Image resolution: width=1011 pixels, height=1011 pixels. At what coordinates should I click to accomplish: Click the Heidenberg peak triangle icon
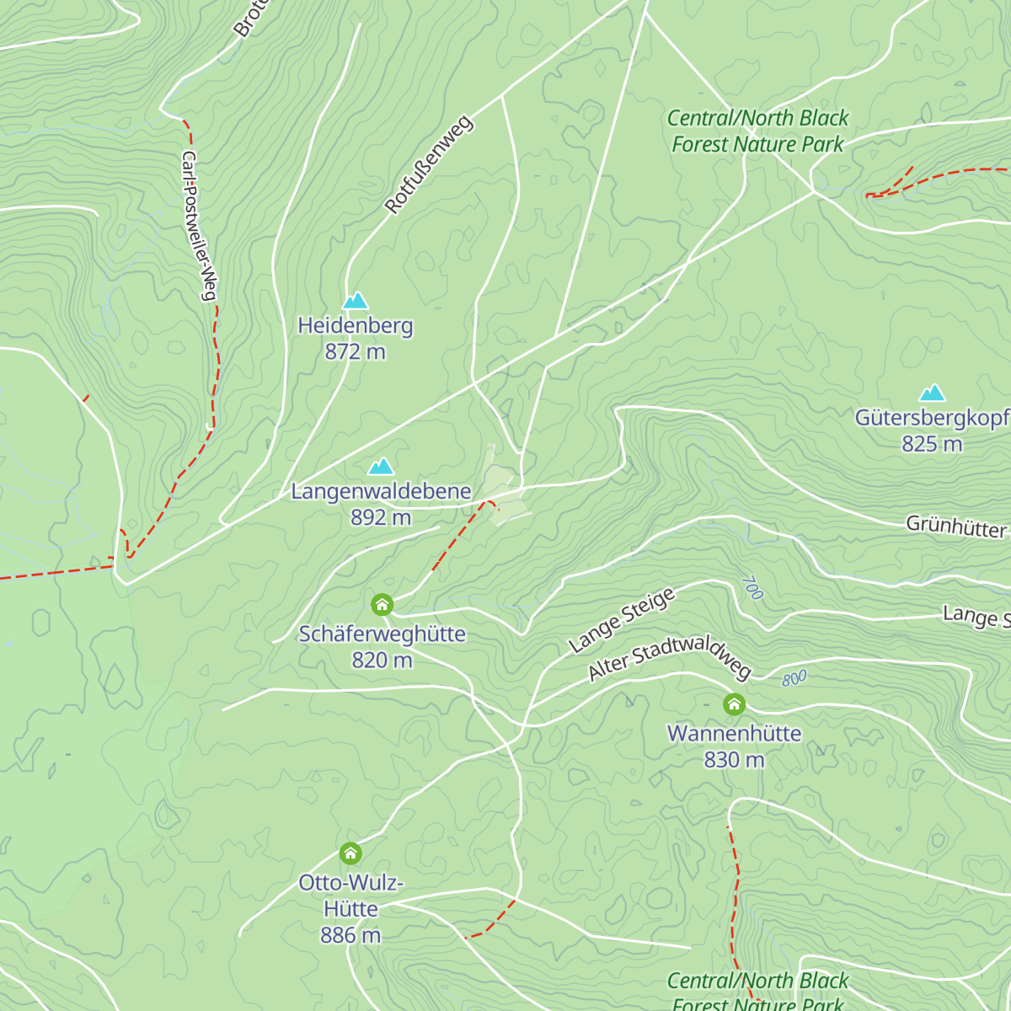click(356, 301)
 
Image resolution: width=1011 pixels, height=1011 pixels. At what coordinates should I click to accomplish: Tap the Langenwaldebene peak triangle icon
click(381, 467)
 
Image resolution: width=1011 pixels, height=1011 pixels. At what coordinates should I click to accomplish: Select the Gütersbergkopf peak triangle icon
click(932, 393)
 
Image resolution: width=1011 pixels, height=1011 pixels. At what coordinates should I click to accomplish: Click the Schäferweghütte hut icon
click(382, 604)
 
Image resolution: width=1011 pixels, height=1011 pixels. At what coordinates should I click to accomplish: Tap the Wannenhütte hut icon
click(734, 703)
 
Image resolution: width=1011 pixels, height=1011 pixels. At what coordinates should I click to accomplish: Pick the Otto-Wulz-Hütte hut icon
click(350, 853)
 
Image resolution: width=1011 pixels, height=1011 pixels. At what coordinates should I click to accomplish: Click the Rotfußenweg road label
click(430, 164)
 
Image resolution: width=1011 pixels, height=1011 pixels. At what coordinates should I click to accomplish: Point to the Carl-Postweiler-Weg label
click(200, 226)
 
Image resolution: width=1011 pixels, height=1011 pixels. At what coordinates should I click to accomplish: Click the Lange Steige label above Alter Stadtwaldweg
click(622, 621)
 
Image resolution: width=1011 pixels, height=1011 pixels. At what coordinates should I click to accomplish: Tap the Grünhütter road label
click(956, 527)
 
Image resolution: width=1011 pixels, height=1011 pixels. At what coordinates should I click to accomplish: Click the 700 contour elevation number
click(752, 588)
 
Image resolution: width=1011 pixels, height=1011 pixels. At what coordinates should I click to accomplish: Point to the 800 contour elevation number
click(794, 678)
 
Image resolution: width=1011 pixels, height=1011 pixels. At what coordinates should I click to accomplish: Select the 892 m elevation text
click(381, 517)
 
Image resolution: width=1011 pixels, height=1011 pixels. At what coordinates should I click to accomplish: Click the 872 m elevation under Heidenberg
click(356, 351)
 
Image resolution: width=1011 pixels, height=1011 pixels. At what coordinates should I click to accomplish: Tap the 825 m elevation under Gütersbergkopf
click(932, 444)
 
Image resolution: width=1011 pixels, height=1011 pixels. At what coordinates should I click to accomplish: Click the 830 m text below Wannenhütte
click(734, 760)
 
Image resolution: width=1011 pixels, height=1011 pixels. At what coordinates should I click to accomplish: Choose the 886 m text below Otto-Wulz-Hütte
click(350, 935)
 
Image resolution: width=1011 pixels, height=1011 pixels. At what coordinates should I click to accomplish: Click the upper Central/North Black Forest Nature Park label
click(757, 131)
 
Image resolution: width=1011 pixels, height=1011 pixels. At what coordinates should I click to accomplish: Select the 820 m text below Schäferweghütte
click(382, 661)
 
